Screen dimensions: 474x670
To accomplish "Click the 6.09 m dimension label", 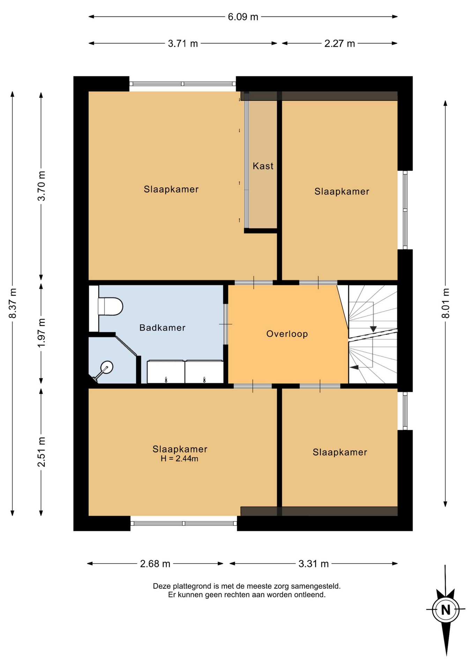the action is pos(243,17).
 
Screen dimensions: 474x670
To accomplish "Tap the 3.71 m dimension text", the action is pos(183,44).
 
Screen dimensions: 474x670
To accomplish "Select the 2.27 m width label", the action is pos(340,44).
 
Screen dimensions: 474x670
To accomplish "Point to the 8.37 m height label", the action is pos(13,303).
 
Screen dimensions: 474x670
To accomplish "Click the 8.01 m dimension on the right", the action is pos(446,303).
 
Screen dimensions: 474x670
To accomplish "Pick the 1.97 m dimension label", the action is pos(42,333).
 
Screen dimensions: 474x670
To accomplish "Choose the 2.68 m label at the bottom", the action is pos(155,564).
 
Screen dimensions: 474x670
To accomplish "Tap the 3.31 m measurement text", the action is pos(313,564).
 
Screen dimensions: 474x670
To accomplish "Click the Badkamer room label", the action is pos(162,328).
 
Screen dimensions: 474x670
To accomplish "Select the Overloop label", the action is pos(287,334).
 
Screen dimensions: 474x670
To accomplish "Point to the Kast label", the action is pos(263,166).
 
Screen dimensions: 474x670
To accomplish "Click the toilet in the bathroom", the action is pos(110,306).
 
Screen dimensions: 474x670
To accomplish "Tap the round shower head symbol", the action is pos(107,367).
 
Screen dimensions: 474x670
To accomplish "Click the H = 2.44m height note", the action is pos(179,459).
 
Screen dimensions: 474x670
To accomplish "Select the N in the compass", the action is pos(445,610).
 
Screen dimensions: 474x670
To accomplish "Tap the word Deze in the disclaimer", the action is pos(161,586).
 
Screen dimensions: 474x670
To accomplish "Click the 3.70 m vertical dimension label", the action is pos(42,186).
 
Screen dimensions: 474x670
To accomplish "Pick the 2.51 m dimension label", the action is pos(42,452).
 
